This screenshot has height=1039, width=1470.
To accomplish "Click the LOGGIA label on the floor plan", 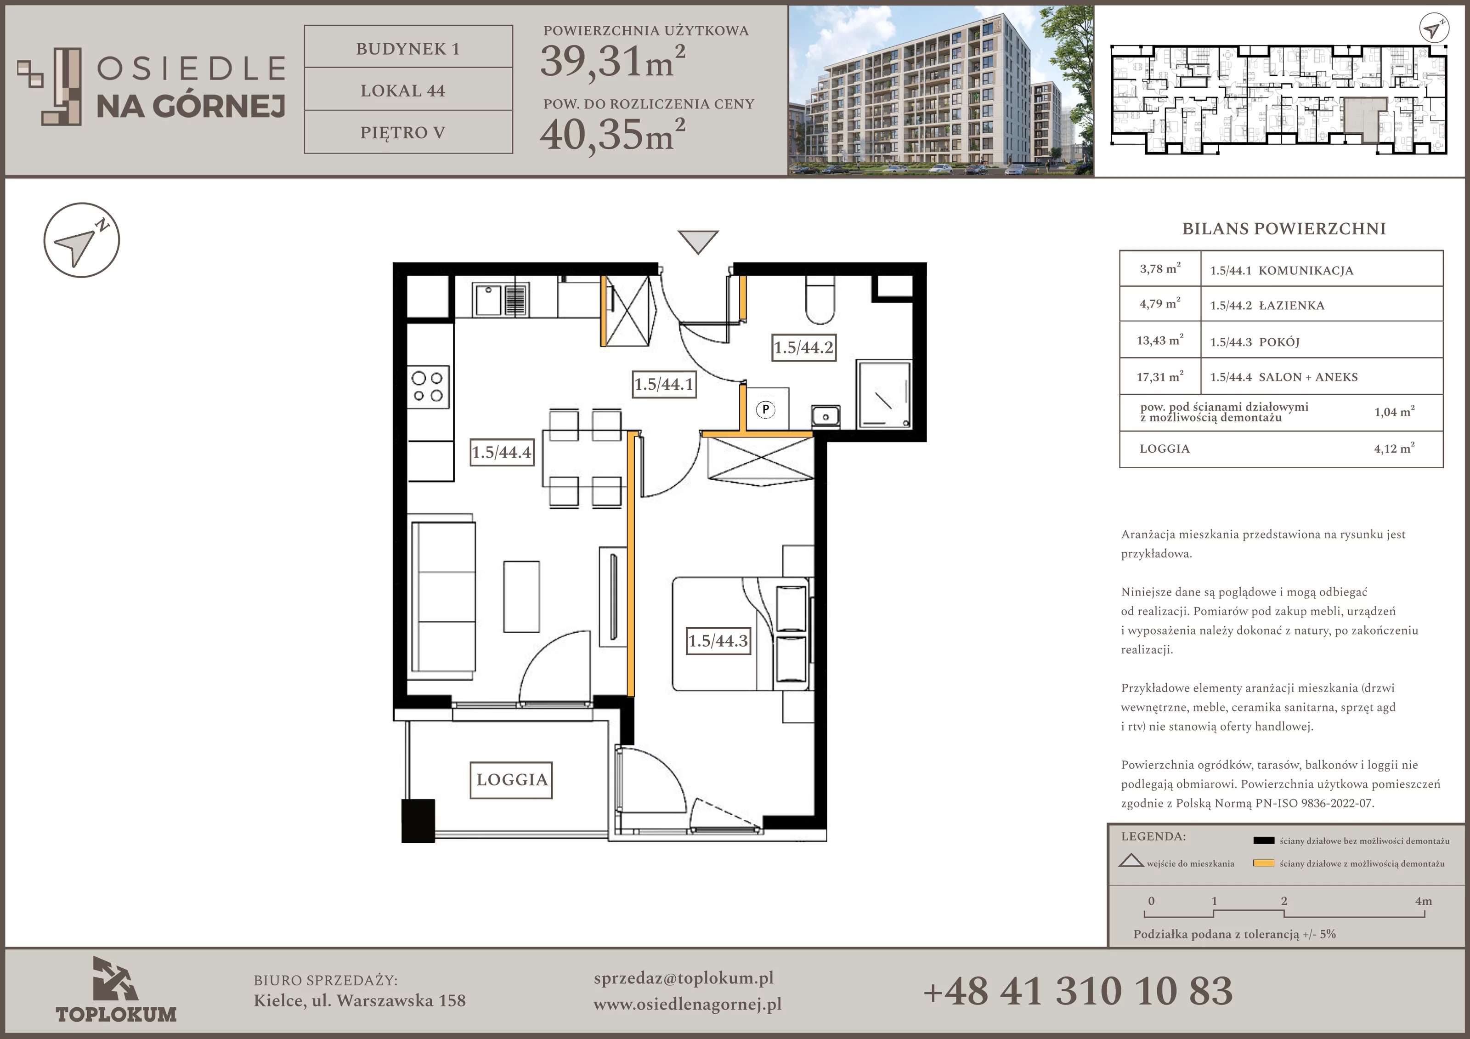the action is pyautogui.click(x=512, y=779).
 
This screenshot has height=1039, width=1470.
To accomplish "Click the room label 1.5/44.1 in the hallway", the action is pyautogui.click(x=664, y=384).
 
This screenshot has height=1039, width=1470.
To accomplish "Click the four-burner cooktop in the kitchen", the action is pyautogui.click(x=428, y=387).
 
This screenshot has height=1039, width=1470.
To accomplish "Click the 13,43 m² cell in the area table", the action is pyautogui.click(x=1160, y=340).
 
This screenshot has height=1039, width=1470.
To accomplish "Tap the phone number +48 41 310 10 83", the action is pyautogui.click(x=1078, y=991).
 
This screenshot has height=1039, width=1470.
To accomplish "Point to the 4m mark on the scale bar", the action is pyautogui.click(x=1423, y=901).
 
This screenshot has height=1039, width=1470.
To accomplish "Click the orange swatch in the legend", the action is pyautogui.click(x=1263, y=863).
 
